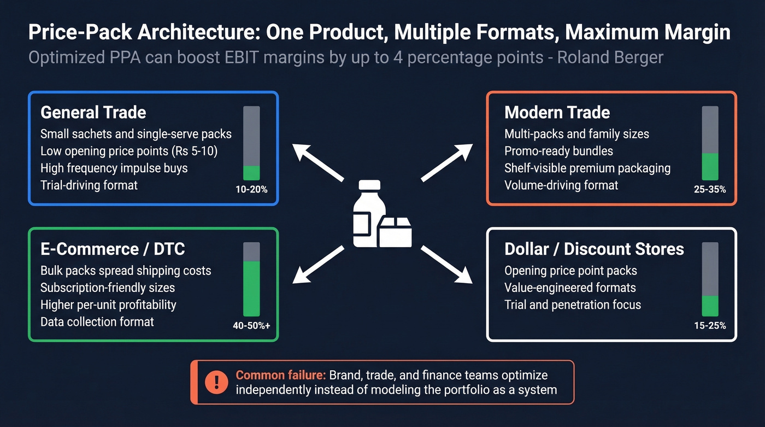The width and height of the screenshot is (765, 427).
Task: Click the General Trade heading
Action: tap(93, 113)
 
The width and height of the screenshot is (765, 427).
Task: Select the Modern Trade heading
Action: tap(557, 113)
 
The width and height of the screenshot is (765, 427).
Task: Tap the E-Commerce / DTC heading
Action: tap(113, 249)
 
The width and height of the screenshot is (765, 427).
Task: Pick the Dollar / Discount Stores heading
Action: tap(594, 249)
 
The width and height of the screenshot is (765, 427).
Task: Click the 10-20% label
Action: tap(251, 190)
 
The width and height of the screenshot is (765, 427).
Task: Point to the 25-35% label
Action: tap(710, 190)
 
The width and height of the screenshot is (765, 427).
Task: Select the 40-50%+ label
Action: tap(251, 326)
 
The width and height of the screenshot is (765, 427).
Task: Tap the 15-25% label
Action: tap(710, 326)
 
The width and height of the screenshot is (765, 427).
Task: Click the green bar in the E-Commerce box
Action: tap(251, 288)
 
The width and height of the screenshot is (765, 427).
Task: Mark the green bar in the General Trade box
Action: tap(251, 173)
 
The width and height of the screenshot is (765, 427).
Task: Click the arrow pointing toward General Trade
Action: tap(317, 162)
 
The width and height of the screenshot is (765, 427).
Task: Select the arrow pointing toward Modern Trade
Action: tap(447, 162)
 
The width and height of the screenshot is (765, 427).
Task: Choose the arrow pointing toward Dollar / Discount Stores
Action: tap(447, 265)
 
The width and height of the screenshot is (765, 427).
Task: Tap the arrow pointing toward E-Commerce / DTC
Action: tap(318, 265)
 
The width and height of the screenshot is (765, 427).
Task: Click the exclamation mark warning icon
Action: tap(216, 382)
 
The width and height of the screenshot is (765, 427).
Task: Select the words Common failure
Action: tap(280, 375)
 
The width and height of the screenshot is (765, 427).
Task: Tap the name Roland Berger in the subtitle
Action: tap(610, 57)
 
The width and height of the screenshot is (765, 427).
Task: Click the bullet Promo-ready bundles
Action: tap(558, 151)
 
